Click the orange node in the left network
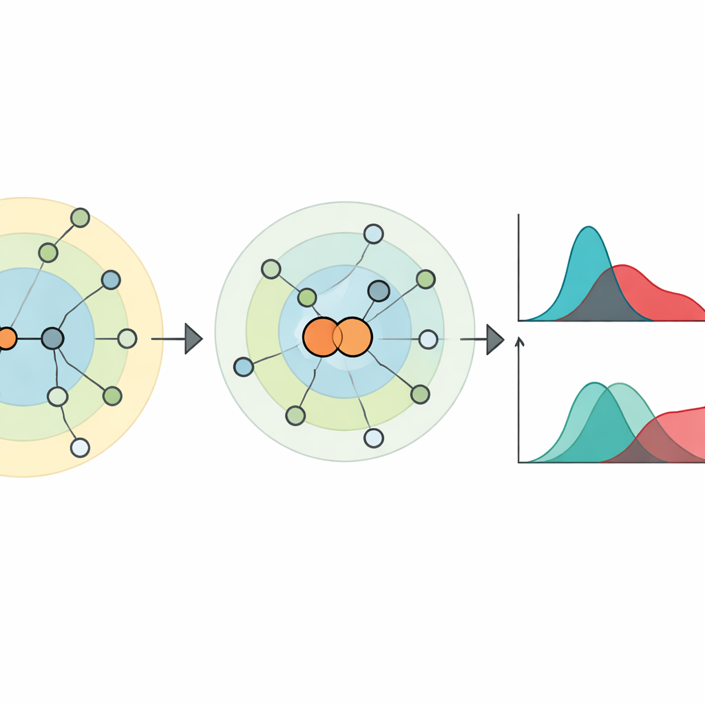pyautogui.click(x=6, y=339)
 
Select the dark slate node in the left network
pyautogui.click(x=52, y=338)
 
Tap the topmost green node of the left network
pyautogui.click(x=80, y=218)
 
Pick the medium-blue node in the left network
pyautogui.click(x=110, y=280)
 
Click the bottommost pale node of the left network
pyautogui.click(x=80, y=448)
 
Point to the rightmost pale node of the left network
pyautogui.click(x=127, y=338)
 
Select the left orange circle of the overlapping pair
pyautogui.click(x=320, y=337)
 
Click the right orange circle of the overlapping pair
pyautogui.click(x=354, y=337)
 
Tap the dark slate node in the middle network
pyautogui.click(x=379, y=291)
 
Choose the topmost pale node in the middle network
pyautogui.click(x=373, y=234)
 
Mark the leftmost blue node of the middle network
pyautogui.click(x=244, y=366)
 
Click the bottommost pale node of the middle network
pyautogui.click(x=373, y=438)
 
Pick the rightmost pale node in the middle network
pyautogui.click(x=428, y=339)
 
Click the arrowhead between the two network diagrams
pyautogui.click(x=193, y=339)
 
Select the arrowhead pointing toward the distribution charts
pyautogui.click(x=495, y=339)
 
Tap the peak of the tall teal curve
pyautogui.click(x=589, y=228)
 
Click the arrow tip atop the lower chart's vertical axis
pyautogui.click(x=520, y=339)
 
